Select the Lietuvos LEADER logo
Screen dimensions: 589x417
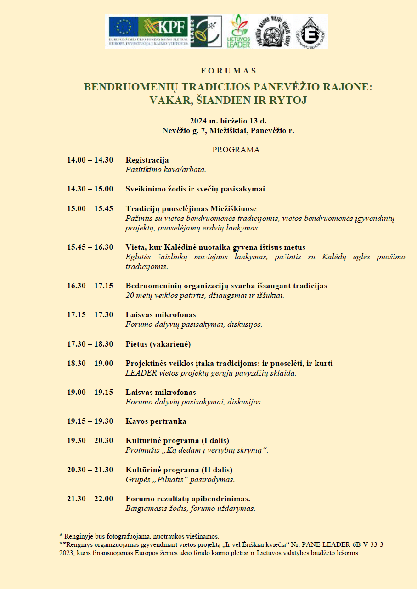coord(239,32)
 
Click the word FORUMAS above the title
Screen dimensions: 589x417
coord(228,71)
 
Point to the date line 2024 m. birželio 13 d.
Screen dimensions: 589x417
coord(228,121)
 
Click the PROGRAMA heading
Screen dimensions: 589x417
coord(236,150)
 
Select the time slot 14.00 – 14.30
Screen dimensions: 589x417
coord(90,160)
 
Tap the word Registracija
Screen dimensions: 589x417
coord(147,160)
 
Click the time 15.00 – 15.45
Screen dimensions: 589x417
coord(90,208)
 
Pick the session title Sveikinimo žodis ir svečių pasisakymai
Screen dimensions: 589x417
coord(195,189)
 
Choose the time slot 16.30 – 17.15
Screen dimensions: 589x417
coord(90,286)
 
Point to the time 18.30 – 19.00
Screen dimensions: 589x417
coord(90,363)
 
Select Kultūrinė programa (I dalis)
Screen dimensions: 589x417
coord(177,440)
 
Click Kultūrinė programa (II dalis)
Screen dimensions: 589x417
coord(179,470)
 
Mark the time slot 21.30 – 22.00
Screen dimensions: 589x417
coord(90,499)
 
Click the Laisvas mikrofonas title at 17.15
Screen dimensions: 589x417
coord(161,314)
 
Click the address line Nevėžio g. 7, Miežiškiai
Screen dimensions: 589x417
coord(228,130)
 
